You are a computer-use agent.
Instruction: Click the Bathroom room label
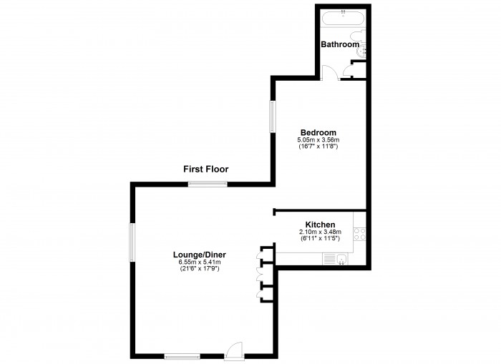pyautogui.click(x=340, y=44)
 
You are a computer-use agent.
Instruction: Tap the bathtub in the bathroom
pyautogui.click(x=343, y=17)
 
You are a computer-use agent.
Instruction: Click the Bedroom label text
pyautogui.click(x=318, y=132)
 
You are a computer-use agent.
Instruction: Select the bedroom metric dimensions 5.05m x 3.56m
pyautogui.click(x=318, y=140)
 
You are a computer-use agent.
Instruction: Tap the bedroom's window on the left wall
pyautogui.click(x=273, y=117)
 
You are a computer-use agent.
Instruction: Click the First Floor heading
pyautogui.click(x=206, y=169)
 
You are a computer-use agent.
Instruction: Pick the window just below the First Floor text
pyautogui.click(x=208, y=184)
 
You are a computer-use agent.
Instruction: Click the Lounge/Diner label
pyautogui.click(x=200, y=255)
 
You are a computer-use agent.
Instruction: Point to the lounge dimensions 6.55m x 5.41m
pyautogui.click(x=200, y=262)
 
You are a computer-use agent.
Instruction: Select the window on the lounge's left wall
pyautogui.click(x=132, y=242)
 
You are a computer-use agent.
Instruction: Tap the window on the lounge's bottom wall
pyautogui.click(x=182, y=356)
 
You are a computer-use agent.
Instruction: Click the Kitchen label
pyautogui.click(x=320, y=225)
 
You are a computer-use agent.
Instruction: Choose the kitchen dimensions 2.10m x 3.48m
pyautogui.click(x=320, y=232)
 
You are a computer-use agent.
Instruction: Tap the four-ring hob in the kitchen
pyautogui.click(x=360, y=234)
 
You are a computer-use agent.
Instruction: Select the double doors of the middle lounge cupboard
pyautogui.click(x=260, y=275)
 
